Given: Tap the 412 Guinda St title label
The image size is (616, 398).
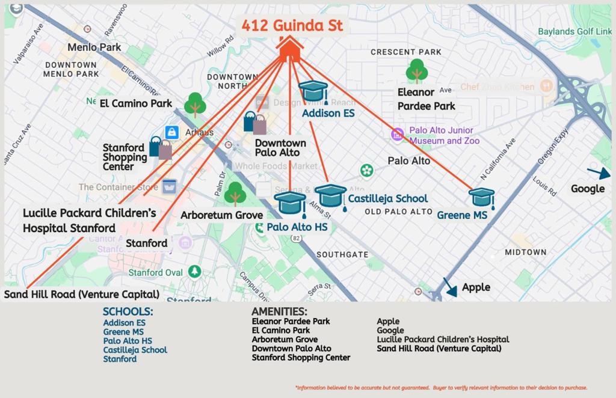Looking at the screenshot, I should point(292,25).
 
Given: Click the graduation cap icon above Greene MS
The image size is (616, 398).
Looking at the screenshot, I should point(481,197).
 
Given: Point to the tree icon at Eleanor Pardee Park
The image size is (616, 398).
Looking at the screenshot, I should point(416,71).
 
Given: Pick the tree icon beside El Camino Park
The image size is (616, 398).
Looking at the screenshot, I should point(195,105).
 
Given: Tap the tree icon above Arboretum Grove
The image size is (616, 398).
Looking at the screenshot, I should point(235,194).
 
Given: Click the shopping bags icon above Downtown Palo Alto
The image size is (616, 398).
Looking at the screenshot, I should point(255,123).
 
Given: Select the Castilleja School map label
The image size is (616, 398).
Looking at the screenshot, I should point(388,198).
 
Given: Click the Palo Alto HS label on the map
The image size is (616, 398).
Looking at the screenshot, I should point(297,227).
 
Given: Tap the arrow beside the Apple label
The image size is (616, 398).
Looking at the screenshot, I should point(449,286).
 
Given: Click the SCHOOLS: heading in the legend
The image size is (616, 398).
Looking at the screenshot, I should point(128,311).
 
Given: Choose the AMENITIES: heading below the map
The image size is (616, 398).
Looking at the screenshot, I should point(279,311).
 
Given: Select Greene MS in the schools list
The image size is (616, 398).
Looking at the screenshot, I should point(123,332).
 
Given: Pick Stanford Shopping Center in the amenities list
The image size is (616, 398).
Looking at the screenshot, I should point(301,358).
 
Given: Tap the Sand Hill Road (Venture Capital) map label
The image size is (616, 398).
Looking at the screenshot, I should point(82,294).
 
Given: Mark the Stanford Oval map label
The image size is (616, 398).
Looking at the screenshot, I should point(156,272).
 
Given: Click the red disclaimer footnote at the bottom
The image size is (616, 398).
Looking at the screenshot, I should point(441,388).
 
